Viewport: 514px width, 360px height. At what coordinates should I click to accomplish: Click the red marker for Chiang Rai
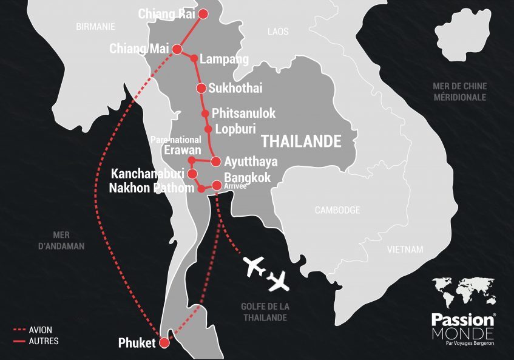pos(203,14)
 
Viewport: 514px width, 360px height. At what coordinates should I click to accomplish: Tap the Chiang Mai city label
pos(139,49)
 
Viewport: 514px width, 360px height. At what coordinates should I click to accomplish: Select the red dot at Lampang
pos(194,59)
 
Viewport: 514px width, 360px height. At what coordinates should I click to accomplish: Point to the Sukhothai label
pos(235,88)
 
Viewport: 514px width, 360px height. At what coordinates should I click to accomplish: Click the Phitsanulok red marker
pos(205,114)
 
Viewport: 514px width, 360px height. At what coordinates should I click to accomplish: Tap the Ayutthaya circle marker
pos(215,161)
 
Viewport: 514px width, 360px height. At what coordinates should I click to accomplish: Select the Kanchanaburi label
pos(147,174)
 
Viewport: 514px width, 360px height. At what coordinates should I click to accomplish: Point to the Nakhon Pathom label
pos(152,188)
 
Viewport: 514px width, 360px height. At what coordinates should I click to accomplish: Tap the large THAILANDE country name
pos(300,141)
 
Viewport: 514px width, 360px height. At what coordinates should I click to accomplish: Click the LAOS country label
pos(278,31)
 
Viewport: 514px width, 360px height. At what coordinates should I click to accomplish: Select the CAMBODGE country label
pos(337,210)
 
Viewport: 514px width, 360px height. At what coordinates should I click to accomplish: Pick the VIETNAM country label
pos(405,250)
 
